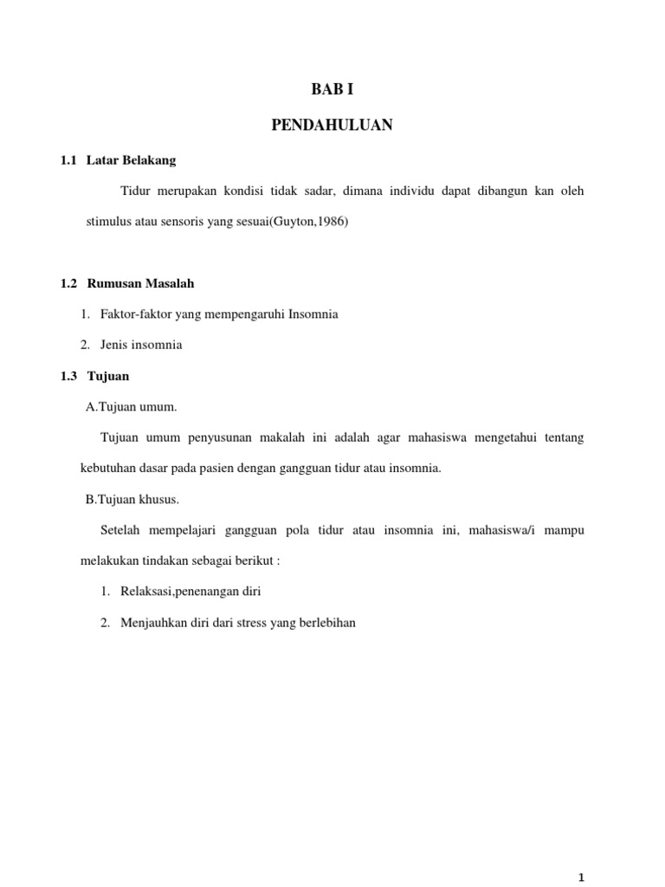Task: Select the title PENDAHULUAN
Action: pyautogui.click(x=332, y=126)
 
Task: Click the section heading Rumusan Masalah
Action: pyautogui.click(x=140, y=283)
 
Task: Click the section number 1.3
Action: pyautogui.click(x=69, y=376)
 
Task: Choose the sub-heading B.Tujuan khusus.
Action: pyautogui.click(x=132, y=499)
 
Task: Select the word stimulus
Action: pyautogui.click(x=107, y=222)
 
